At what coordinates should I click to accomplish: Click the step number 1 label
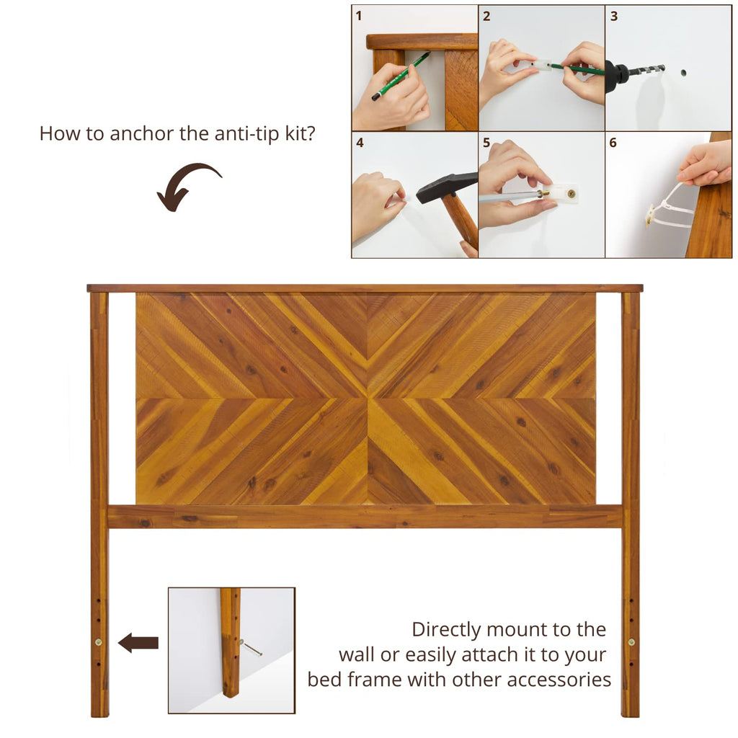pyautogui.click(x=359, y=16)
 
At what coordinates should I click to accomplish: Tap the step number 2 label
pyautogui.click(x=486, y=16)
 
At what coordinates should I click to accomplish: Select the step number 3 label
pyautogui.click(x=614, y=16)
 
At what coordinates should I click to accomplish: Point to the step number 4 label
pyautogui.click(x=360, y=143)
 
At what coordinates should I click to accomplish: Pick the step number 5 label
pyautogui.click(x=486, y=143)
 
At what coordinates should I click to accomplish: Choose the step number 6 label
pyautogui.click(x=613, y=143)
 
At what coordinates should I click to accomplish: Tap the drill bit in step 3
pyautogui.click(x=646, y=71)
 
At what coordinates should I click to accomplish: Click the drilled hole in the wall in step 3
pyautogui.click(x=683, y=73)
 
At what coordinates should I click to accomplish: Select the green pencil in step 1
pyautogui.click(x=401, y=76)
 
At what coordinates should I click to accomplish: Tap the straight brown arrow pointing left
pyautogui.click(x=138, y=642)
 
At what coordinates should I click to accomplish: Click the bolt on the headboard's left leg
pyautogui.click(x=98, y=642)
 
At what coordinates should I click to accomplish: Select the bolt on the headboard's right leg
pyautogui.click(x=631, y=642)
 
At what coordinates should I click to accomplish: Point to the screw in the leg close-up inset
pyautogui.click(x=250, y=648)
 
